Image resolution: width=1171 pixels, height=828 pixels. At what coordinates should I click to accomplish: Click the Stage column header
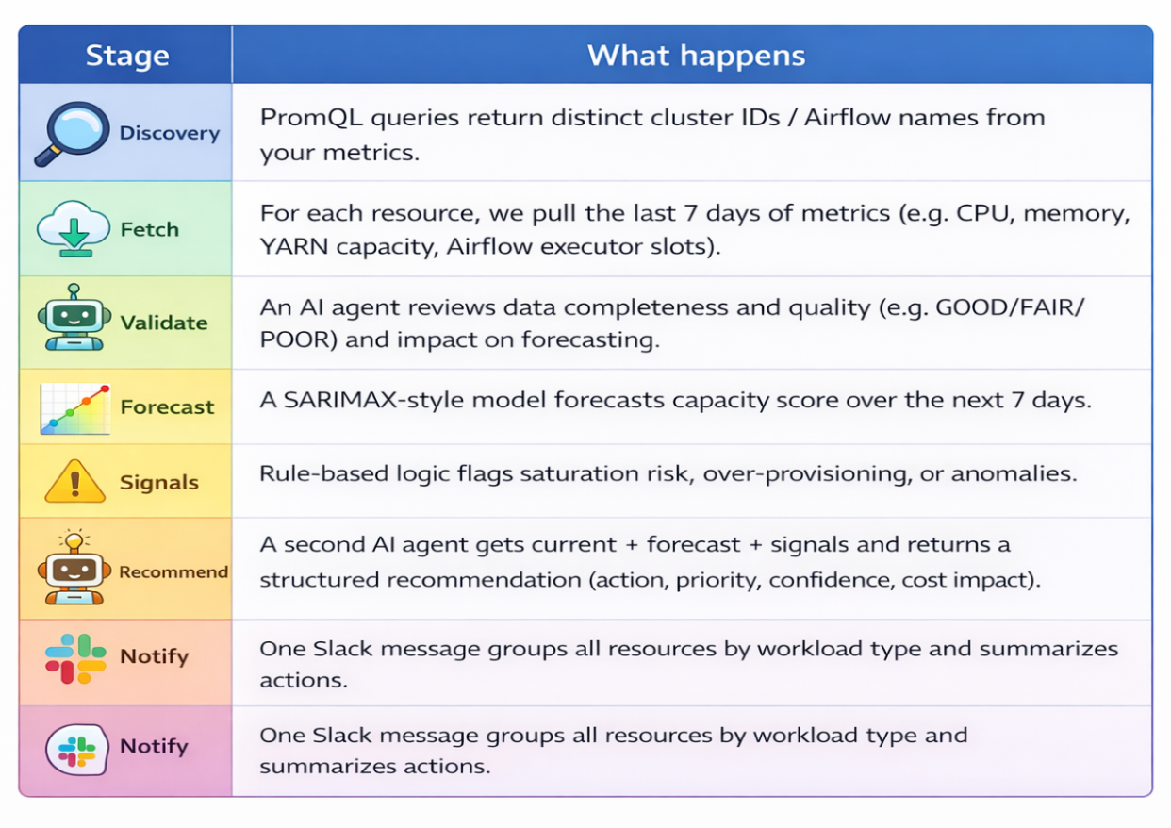(x=127, y=56)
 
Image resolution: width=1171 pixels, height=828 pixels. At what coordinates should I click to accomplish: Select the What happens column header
(x=696, y=56)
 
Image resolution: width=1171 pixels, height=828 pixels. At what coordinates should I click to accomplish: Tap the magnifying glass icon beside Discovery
(x=73, y=134)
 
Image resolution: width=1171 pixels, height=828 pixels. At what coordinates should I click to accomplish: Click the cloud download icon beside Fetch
(x=74, y=229)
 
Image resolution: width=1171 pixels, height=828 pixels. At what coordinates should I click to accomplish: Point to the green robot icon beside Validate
(x=74, y=317)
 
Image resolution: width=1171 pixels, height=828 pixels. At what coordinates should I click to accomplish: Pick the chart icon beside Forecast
(x=75, y=408)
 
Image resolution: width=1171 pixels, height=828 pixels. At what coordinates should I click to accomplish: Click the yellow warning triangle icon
(x=75, y=482)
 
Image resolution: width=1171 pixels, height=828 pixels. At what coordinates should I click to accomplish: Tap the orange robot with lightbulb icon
(x=74, y=567)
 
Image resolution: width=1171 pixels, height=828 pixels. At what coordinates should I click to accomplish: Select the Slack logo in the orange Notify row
(x=75, y=658)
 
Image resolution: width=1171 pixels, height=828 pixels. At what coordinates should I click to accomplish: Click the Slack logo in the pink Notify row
(x=77, y=750)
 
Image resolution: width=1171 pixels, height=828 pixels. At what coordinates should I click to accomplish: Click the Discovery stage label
(x=170, y=133)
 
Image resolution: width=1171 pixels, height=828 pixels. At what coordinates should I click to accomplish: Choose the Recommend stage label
(x=173, y=571)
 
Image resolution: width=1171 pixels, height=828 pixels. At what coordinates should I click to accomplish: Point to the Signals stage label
(x=159, y=482)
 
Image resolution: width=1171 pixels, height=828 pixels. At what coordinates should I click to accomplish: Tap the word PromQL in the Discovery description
(x=311, y=118)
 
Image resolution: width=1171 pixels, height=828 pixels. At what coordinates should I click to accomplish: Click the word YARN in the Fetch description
(x=294, y=246)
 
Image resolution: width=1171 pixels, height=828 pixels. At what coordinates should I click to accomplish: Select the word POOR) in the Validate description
(x=299, y=340)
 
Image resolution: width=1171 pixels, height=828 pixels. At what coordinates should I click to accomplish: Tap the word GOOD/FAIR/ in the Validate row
(x=1010, y=307)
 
